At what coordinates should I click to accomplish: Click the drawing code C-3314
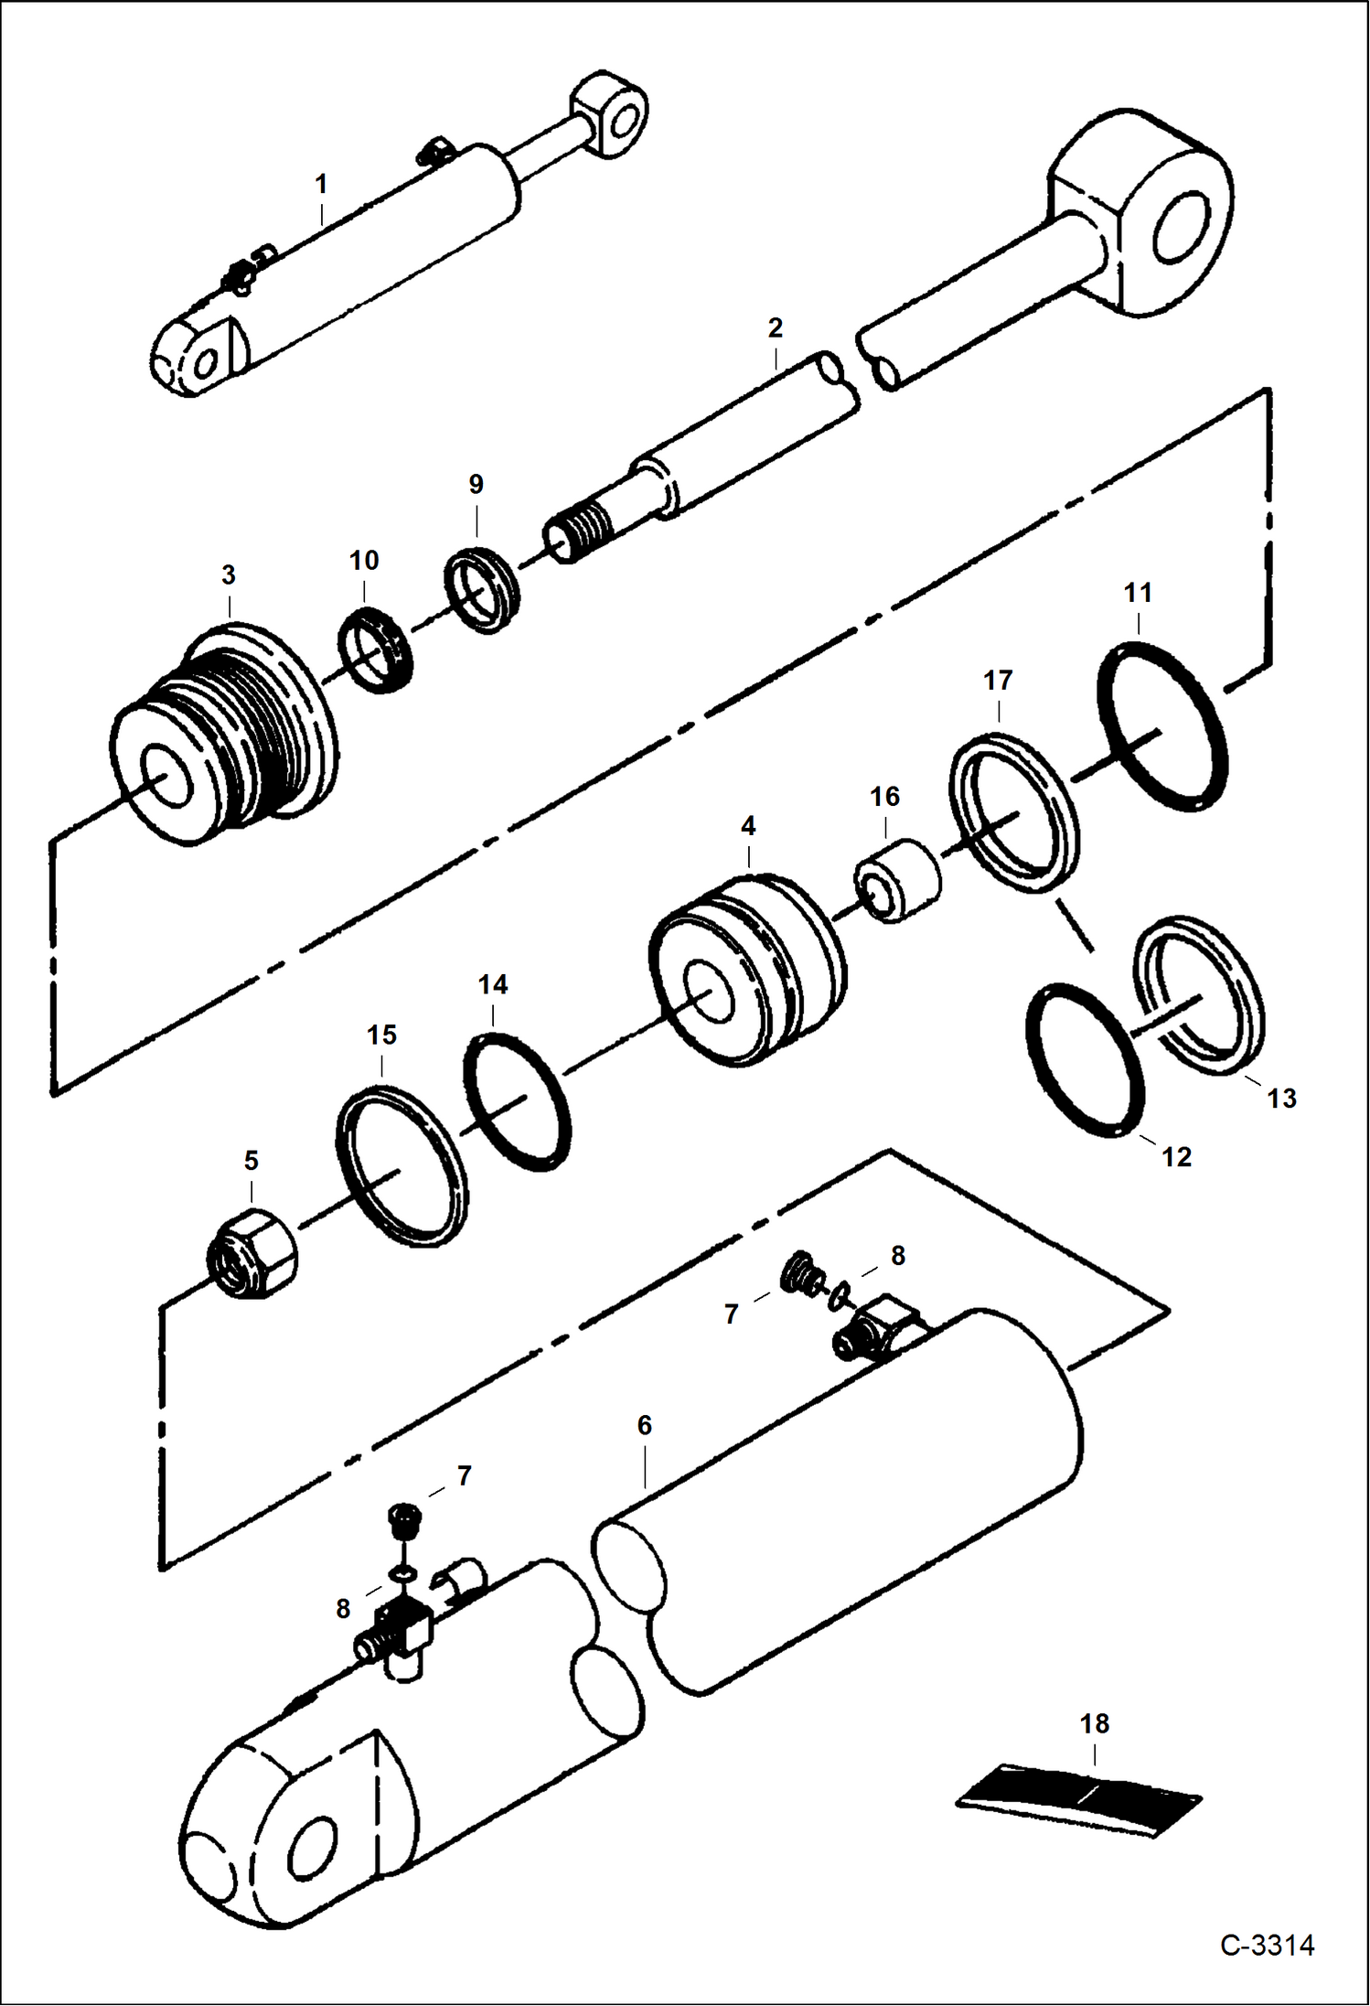[x=1266, y=1944]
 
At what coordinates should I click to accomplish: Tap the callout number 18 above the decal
[x=1094, y=1723]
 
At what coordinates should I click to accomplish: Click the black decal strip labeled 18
[x=1079, y=1798]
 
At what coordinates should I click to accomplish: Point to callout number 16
[x=884, y=797]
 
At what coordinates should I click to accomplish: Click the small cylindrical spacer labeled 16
[x=897, y=880]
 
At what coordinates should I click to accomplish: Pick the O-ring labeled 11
[x=1161, y=725]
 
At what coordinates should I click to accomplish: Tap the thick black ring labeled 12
[x=1086, y=1060]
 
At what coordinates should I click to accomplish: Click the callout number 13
[x=1281, y=1098]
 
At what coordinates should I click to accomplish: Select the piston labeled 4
[x=747, y=970]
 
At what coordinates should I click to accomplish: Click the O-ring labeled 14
[x=518, y=1101]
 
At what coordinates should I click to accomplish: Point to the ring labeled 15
[x=401, y=1165]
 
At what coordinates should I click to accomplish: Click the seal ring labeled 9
[x=482, y=589]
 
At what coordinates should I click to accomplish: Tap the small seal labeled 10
[x=375, y=649]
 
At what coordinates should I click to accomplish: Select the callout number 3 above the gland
[x=228, y=574]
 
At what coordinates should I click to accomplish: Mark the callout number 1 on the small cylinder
[x=321, y=184]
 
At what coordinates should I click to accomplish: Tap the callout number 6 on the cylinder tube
[x=644, y=1425]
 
